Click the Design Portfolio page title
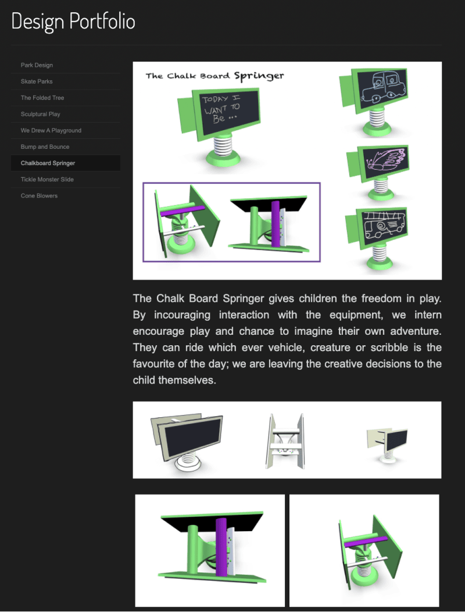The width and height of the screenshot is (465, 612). coord(73,22)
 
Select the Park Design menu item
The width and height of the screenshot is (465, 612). coord(37,65)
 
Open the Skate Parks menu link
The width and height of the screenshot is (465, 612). coord(37,81)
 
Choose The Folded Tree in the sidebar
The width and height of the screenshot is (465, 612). coord(42,98)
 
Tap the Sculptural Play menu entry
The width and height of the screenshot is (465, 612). coord(40,114)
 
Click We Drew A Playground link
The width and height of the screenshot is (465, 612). coord(51,130)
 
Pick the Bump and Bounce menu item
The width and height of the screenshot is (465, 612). coord(45,146)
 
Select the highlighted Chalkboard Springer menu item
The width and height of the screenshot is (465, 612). coord(48,163)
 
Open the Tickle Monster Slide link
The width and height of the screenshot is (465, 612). coord(47,180)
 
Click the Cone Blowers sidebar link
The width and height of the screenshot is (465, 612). coord(39,196)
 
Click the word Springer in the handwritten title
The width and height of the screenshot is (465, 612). coord(259,76)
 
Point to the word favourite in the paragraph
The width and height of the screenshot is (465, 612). coord(158,364)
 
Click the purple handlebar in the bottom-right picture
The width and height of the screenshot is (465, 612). coord(364,542)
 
